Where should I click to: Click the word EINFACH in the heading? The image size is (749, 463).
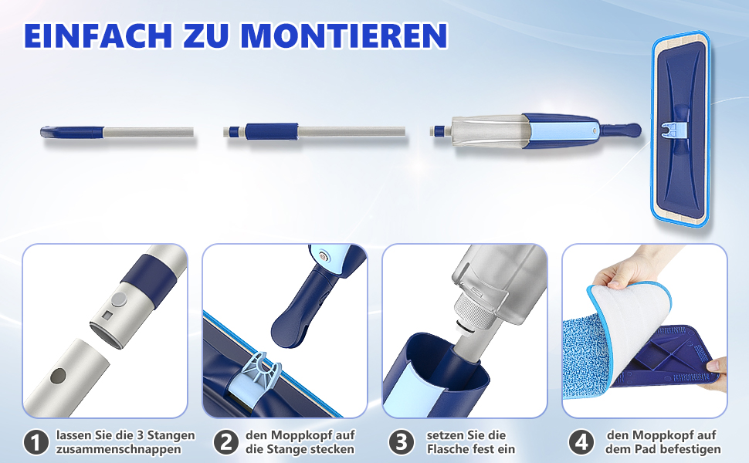[x=98, y=35]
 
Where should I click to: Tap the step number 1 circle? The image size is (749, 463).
[x=36, y=442]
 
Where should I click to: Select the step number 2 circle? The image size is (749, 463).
[x=226, y=442]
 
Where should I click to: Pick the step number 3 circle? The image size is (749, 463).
[x=402, y=442]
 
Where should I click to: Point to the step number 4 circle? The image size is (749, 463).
[x=581, y=442]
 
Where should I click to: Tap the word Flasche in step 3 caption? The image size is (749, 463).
[x=448, y=449]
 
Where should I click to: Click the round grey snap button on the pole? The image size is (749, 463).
[x=120, y=299]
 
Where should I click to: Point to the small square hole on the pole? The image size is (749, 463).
[x=108, y=316]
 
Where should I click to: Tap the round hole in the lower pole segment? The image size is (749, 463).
[x=58, y=376]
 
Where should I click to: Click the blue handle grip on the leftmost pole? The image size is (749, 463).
[x=72, y=132]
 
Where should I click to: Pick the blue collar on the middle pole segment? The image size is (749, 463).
[x=271, y=131]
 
